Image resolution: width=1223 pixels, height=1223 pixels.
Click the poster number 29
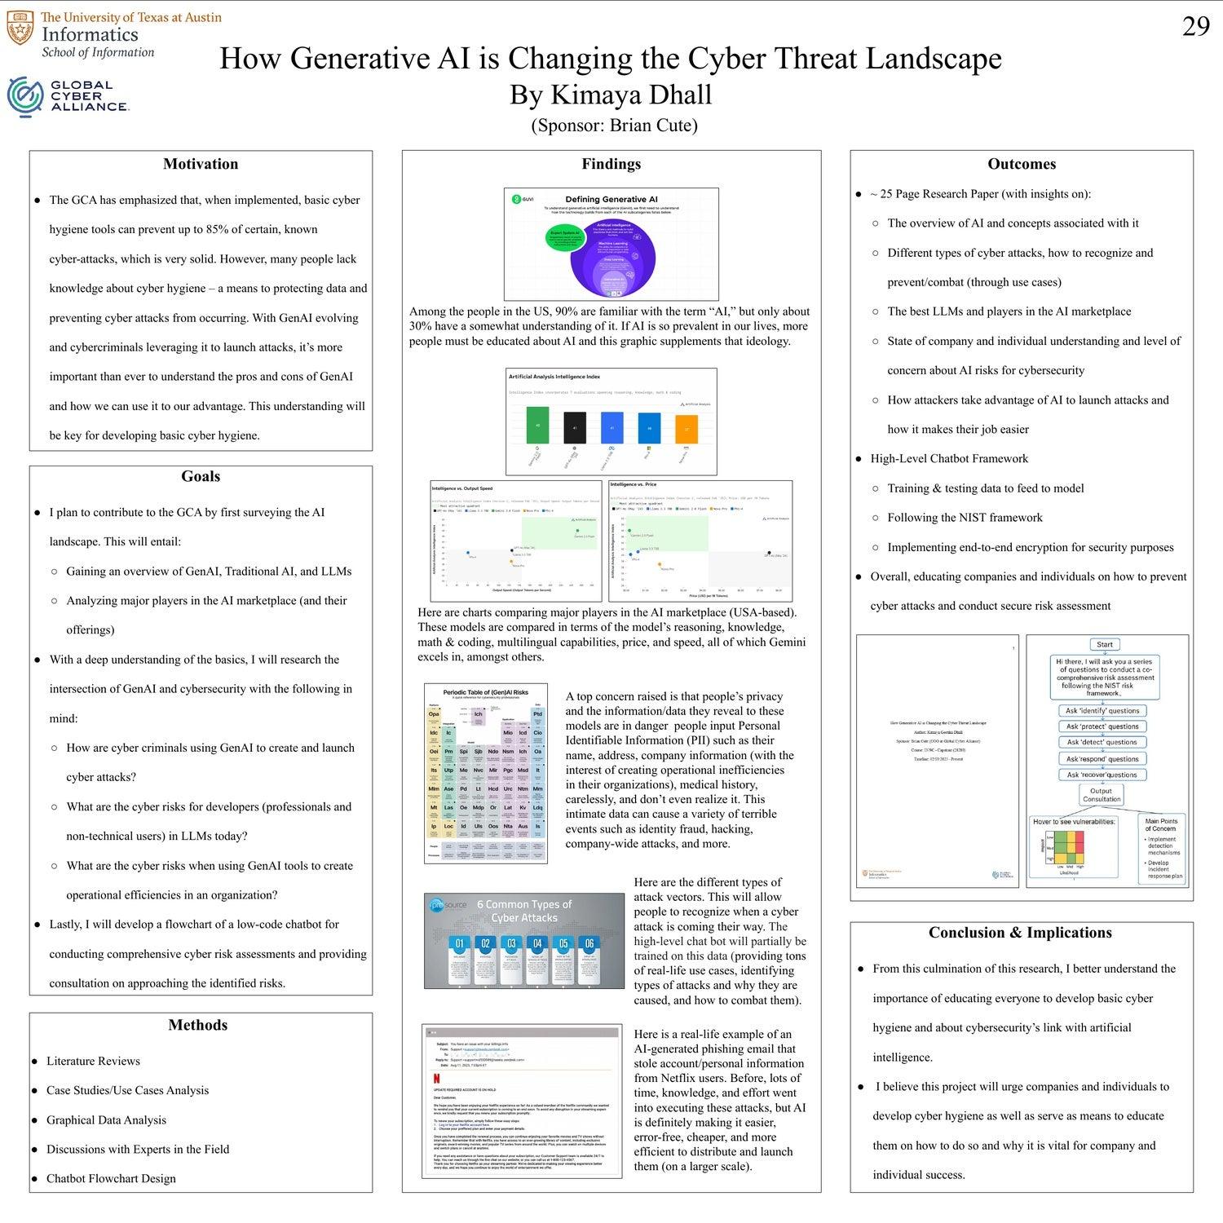[x=1195, y=27]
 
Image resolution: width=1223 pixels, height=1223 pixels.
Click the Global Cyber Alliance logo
[x=67, y=95]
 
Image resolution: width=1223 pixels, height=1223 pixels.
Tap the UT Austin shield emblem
[x=20, y=29]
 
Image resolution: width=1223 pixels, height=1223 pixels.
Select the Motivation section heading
[x=201, y=164]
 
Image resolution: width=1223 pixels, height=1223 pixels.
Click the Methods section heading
[x=198, y=1025]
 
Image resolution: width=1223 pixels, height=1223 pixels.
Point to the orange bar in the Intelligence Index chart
[x=687, y=428]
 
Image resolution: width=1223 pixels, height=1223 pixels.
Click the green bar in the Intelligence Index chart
[x=538, y=426]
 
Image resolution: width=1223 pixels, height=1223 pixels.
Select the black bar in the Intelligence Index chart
[x=575, y=427]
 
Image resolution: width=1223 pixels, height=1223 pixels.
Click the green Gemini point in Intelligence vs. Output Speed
[x=577, y=531]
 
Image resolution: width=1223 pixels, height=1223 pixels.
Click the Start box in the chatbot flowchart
[x=1104, y=644]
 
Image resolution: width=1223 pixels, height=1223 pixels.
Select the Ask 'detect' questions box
[x=1102, y=742]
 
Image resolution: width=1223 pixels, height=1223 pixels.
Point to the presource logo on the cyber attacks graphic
[x=446, y=904]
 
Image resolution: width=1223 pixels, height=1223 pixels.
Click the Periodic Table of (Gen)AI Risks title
[x=485, y=691]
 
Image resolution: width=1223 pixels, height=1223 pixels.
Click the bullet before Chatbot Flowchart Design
[x=34, y=1179]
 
